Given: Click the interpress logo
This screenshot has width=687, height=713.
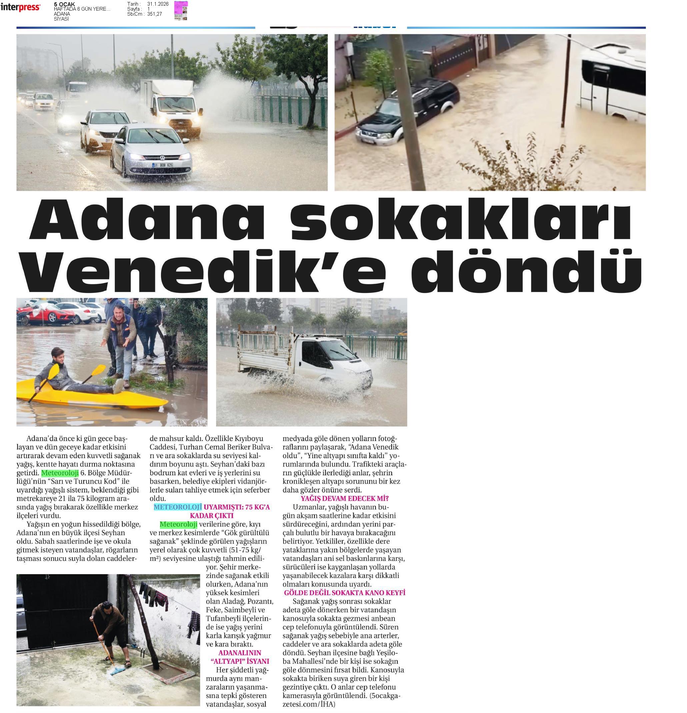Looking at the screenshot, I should [x=20, y=7].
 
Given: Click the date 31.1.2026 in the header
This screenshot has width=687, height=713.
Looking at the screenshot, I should [x=158, y=4].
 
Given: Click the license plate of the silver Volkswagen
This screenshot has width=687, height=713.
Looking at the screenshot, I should [x=162, y=165].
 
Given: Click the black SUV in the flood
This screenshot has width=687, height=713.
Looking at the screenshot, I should [x=408, y=111].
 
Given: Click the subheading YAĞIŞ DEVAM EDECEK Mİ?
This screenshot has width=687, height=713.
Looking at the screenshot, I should [x=344, y=498].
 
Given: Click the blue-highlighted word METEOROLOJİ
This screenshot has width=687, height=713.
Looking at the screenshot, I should [x=177, y=507].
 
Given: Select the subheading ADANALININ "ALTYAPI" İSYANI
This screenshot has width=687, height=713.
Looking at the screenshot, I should [x=240, y=657].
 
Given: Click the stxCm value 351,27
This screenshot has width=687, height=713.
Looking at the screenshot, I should [x=154, y=14].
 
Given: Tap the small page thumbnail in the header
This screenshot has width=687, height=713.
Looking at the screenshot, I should [x=181, y=10].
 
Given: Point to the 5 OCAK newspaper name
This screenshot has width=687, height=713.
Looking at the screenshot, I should [x=64, y=4].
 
